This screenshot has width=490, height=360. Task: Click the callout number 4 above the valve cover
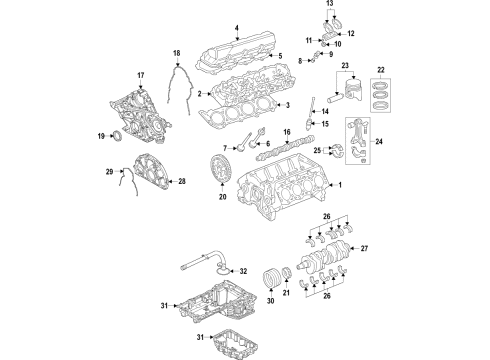(x=237, y=27)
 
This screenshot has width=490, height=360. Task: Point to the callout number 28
(x=181, y=181)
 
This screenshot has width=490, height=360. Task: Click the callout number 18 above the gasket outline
(x=175, y=52)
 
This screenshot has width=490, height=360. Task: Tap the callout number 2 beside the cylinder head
(x=201, y=93)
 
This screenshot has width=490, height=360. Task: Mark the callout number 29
(x=109, y=173)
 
